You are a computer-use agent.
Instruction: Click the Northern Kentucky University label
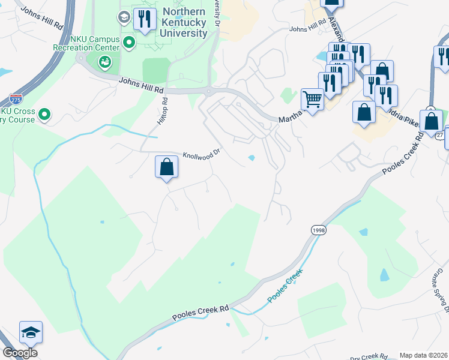[x=184, y=23]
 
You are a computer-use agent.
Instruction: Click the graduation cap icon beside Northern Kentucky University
[x=124, y=17]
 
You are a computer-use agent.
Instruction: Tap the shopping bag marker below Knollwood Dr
[x=167, y=167]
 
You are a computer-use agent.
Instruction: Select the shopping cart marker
[x=312, y=98]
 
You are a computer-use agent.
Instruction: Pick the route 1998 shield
[x=318, y=230]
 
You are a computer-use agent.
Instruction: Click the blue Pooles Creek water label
[x=285, y=286]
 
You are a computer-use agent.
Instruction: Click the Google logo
[x=20, y=353]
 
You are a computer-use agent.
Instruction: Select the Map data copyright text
[x=424, y=355]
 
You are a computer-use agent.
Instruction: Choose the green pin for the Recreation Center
[x=105, y=62]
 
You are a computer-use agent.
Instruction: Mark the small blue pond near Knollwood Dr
[x=251, y=158]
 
